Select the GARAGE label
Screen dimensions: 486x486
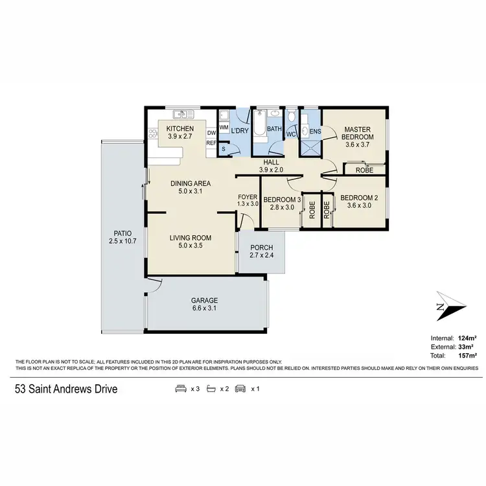click(204, 301)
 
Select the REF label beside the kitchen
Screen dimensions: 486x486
click(211, 143)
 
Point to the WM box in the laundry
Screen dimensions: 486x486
click(224, 127)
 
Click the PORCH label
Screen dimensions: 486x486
click(261, 248)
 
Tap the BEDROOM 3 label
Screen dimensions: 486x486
click(281, 199)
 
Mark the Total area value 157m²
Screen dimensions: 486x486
click(468, 356)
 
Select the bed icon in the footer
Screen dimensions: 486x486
click(180, 389)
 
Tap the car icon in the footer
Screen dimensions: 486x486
click(240, 389)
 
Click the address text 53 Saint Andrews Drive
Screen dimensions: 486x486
click(67, 389)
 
